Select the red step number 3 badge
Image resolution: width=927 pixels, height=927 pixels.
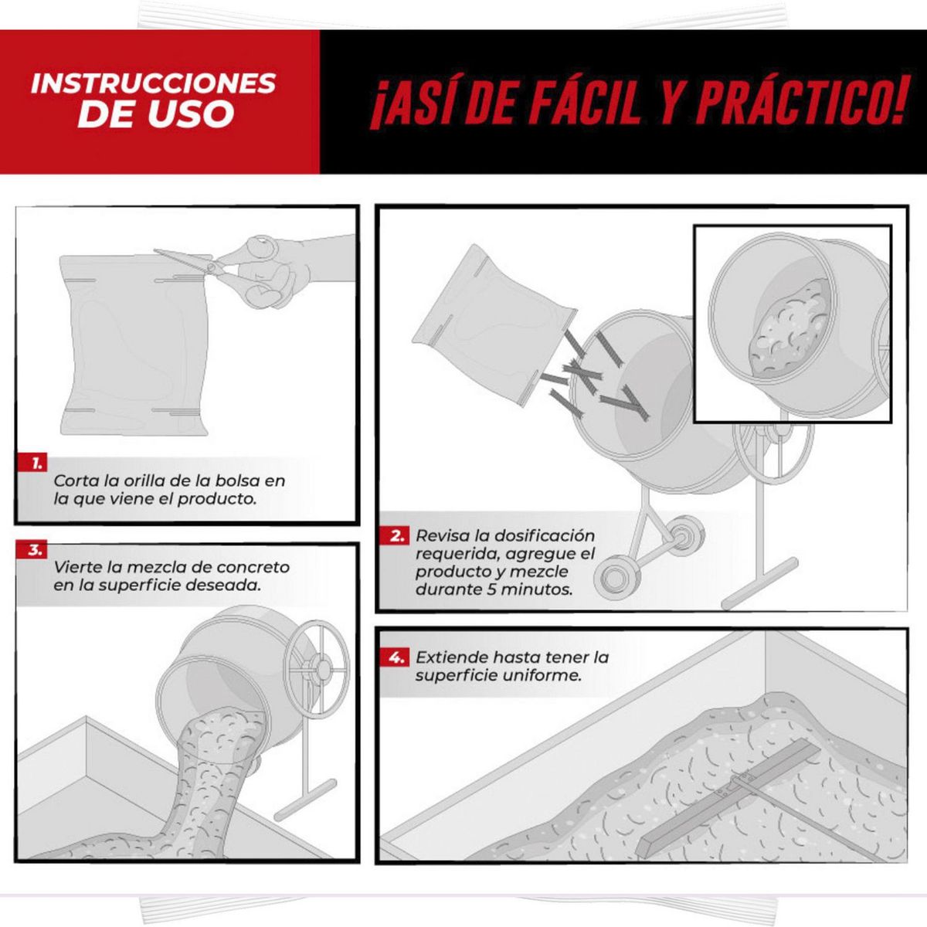32,550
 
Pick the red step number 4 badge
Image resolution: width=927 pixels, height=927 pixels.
394,657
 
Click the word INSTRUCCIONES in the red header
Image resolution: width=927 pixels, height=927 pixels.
154,83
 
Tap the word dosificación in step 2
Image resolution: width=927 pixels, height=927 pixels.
545,536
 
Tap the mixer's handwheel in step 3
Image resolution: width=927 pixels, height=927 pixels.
317,670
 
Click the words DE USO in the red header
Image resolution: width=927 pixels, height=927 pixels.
156,114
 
